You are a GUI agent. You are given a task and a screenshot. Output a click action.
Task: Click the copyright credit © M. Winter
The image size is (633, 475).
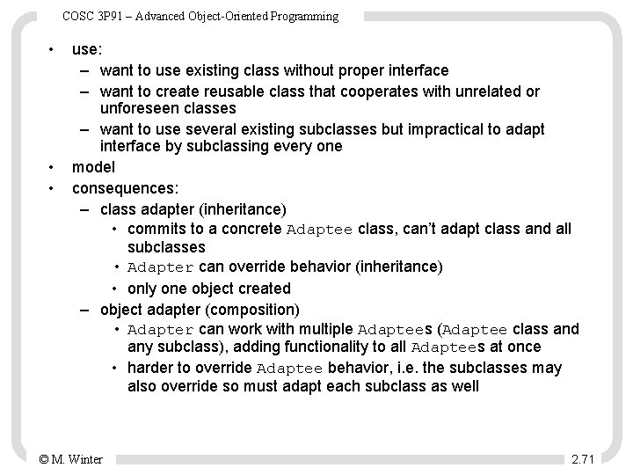pos(71,458)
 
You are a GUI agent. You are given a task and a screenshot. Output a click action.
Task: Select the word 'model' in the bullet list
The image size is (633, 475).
pos(93,167)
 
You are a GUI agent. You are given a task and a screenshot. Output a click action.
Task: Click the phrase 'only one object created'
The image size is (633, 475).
pos(208,288)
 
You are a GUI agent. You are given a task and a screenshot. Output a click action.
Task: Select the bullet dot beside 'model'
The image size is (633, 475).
pos(53,167)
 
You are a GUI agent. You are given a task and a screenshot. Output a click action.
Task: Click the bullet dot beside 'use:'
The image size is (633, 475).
pos(53,48)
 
